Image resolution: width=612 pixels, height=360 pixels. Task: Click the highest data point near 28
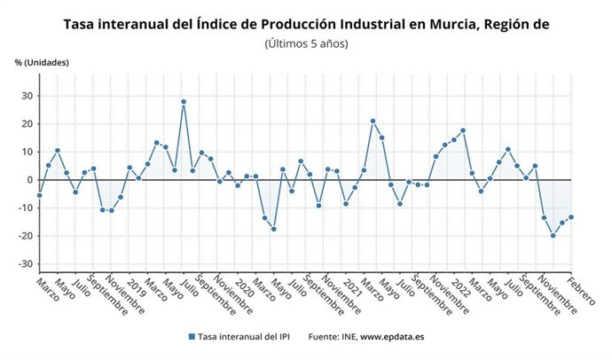184,102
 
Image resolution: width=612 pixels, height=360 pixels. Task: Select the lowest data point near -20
553,235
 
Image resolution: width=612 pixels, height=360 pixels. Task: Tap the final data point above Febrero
571,217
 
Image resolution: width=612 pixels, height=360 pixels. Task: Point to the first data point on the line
39,195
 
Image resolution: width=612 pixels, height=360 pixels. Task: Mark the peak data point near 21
373,121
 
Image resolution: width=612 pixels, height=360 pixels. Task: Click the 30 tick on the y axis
27,95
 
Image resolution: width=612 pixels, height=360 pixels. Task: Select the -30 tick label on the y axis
26,264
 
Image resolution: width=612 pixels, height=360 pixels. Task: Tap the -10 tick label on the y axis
26,207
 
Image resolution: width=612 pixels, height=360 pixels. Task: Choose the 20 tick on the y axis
27,123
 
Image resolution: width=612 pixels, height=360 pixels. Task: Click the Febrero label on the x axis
583,291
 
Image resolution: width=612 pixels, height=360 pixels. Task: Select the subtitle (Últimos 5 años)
306,43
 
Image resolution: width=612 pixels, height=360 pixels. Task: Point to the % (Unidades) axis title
41,63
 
